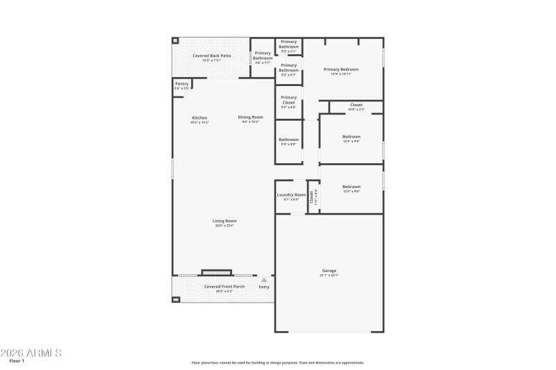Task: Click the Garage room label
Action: tap(329, 271)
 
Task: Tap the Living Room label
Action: tap(224, 221)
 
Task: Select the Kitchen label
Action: tap(199, 118)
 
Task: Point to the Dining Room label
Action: tap(250, 117)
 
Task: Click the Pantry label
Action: tap(181, 84)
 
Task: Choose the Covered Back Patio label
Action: tap(211, 56)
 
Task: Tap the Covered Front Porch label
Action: tap(224, 287)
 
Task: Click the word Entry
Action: tap(264, 287)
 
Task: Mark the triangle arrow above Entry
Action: tap(264, 280)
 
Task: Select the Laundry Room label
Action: tap(291, 195)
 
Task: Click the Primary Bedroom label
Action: tap(341, 69)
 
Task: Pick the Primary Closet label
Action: tap(288, 98)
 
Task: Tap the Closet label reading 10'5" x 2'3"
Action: tap(356, 106)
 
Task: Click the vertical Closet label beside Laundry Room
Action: tap(313, 197)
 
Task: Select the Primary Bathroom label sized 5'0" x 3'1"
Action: tap(288, 42)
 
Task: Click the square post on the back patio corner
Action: tap(175, 41)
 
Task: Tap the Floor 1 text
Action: tap(17, 361)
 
